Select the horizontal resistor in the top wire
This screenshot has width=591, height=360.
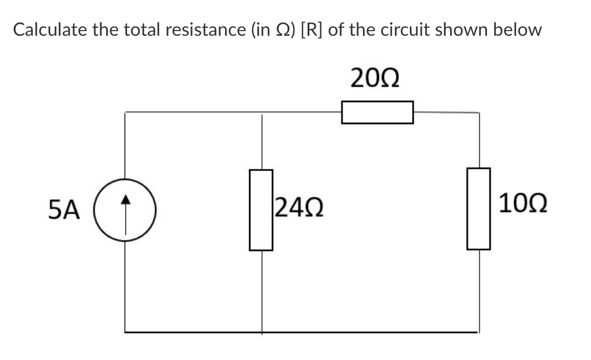coord(377,112)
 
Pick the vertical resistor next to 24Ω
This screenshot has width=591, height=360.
coord(261,210)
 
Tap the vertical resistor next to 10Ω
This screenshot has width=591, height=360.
coord(478,209)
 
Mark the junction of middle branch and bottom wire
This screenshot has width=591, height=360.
coord(262,332)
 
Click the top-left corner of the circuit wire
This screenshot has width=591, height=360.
coord(126,112)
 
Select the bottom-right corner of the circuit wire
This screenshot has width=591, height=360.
coord(478,332)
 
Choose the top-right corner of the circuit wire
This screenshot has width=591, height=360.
coord(478,112)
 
